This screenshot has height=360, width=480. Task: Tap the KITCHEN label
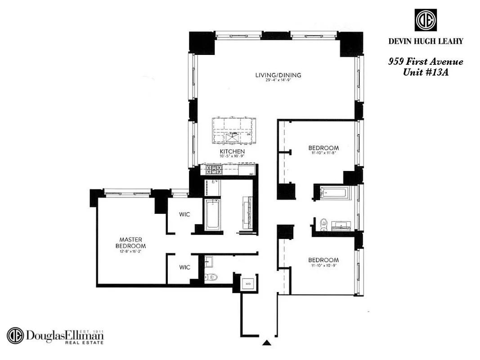pyautogui.click(x=232, y=151)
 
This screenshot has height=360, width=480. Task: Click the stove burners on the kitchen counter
pyautogui.click(x=212, y=170)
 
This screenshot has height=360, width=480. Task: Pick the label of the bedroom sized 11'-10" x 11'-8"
pyautogui.click(x=323, y=148)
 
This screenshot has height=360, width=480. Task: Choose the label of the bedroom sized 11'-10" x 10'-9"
pyautogui.click(x=323, y=260)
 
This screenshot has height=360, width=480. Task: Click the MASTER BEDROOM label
pyautogui.click(x=130, y=243)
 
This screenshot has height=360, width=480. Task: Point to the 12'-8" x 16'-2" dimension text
pyautogui.click(x=130, y=252)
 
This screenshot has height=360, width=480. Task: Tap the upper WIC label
pyautogui.click(x=184, y=215)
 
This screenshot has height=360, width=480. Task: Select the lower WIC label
pyautogui.click(x=184, y=267)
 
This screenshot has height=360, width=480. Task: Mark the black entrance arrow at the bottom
pyautogui.click(x=267, y=343)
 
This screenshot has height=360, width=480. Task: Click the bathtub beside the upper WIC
pyautogui.click(x=212, y=215)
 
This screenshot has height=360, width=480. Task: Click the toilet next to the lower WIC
pyautogui.click(x=210, y=277)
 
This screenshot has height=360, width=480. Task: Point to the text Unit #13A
pyautogui.click(x=426, y=72)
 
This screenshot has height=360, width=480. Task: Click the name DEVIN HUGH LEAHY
pyautogui.click(x=426, y=41)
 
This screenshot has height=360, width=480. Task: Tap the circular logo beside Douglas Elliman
pyautogui.click(x=15, y=336)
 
